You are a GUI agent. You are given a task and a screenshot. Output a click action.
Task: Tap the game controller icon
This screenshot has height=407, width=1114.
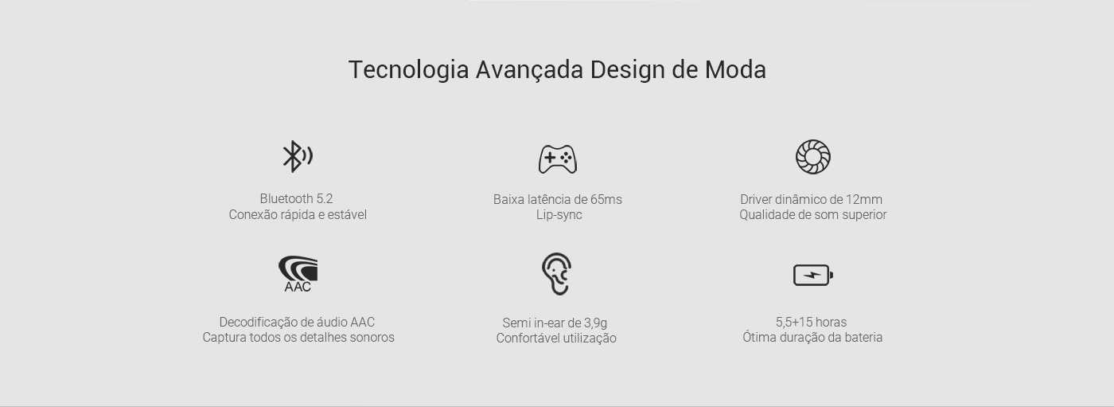point(558,159)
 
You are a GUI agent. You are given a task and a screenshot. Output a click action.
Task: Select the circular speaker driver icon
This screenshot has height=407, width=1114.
point(813,157)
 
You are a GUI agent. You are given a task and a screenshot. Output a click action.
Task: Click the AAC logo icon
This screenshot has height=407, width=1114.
point(298,274)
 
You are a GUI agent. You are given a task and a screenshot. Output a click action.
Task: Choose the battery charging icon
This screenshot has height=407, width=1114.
point(813,275)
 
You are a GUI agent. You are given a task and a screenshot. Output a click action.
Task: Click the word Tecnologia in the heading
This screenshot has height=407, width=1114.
point(408,69)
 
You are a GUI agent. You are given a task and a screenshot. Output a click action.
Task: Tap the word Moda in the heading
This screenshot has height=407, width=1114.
point(735,69)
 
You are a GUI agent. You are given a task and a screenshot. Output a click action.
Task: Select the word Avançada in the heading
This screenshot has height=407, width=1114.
point(529,69)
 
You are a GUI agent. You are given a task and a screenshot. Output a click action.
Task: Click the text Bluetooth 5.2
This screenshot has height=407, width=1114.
point(296,198)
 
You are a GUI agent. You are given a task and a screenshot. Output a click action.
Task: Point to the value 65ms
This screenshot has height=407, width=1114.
point(606,200)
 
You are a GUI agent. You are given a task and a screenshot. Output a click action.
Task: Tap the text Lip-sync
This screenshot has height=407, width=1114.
point(559,215)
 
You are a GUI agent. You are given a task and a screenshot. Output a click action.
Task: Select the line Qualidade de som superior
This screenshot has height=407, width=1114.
point(812,215)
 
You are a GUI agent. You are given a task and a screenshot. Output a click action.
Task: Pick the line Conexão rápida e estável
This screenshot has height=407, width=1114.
point(298,215)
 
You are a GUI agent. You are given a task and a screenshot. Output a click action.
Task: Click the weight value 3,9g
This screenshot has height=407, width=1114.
point(595,323)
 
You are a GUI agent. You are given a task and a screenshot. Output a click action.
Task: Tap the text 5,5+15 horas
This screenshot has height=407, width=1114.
point(811,323)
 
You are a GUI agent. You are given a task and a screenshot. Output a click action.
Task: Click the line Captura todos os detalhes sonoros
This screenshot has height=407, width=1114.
point(298,338)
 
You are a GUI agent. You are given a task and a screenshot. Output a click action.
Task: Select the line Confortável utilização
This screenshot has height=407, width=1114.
point(556,339)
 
